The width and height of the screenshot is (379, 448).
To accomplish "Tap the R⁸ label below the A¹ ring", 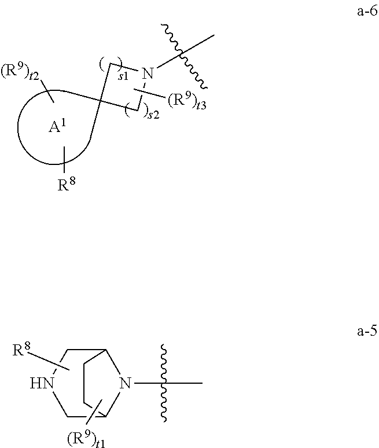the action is pyautogui.click(x=67, y=185).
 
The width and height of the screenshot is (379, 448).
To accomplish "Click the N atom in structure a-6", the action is pyautogui.click(x=148, y=74).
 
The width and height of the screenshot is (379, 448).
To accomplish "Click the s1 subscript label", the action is pyautogui.click(x=123, y=75).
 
